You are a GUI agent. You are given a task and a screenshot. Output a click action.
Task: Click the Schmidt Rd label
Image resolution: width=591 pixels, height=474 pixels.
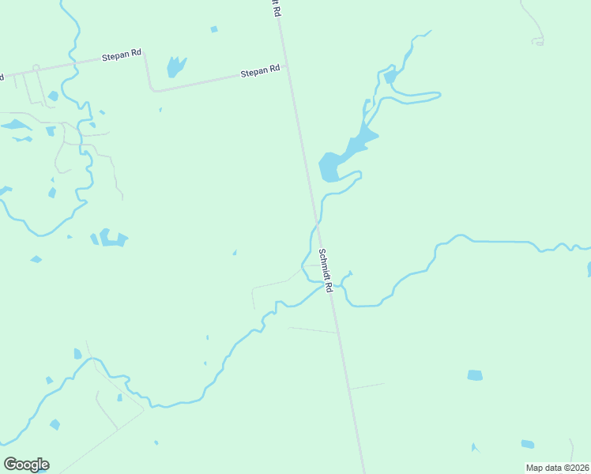click(x=326, y=271)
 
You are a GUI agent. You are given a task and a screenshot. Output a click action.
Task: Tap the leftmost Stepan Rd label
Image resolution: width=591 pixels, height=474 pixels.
click(x=122, y=56)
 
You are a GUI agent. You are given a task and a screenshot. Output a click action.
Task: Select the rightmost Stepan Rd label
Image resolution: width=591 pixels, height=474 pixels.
click(x=260, y=71)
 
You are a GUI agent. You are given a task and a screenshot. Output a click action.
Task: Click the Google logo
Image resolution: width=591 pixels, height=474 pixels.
click(x=26, y=465)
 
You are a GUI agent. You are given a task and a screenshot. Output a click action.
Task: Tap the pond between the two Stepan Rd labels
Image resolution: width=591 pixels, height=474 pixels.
click(x=175, y=66)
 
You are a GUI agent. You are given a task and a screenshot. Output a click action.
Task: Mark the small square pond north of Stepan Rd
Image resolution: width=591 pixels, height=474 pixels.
click(x=213, y=30)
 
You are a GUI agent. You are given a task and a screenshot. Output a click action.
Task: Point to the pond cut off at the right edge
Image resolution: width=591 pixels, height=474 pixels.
click(x=589, y=269)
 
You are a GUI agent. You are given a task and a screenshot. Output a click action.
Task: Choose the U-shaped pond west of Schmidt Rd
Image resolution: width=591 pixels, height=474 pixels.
click(x=110, y=239)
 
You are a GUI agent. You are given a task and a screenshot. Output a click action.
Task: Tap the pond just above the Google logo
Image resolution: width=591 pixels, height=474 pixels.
click(x=55, y=425)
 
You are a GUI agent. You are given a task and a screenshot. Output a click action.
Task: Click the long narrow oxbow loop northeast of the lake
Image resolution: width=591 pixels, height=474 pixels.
click(x=411, y=99)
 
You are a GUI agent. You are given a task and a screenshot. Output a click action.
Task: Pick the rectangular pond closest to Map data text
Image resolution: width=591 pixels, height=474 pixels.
click(x=527, y=444)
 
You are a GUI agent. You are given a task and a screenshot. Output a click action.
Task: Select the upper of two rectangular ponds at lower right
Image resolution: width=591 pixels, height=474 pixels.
click(x=474, y=375)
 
